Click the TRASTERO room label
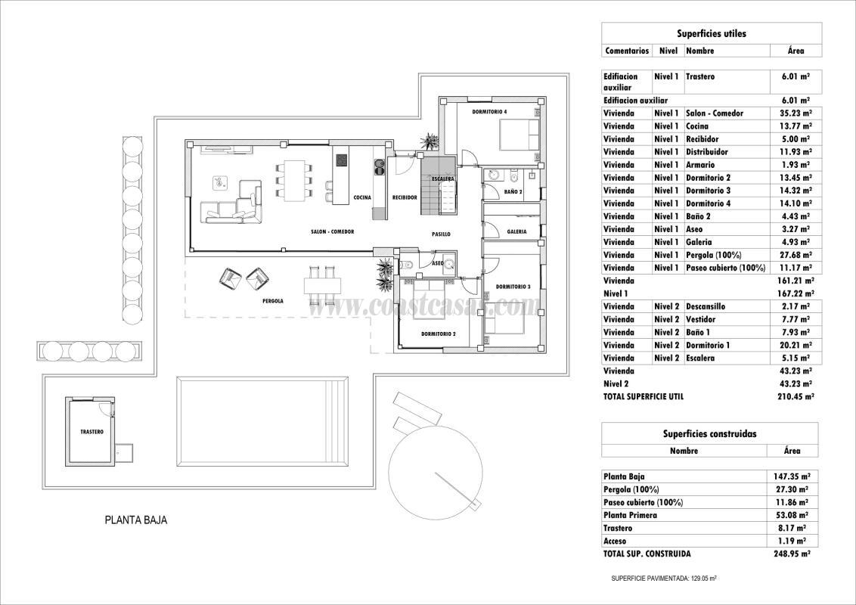[91, 432]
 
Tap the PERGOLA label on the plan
[273, 301]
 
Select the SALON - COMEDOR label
[333, 232]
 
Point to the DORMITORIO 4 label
[489, 112]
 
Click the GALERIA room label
[516, 232]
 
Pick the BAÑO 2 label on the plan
[513, 192]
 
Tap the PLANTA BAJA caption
[136, 520]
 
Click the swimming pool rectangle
[262, 420]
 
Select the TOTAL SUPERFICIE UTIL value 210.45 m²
[796, 397]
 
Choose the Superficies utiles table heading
[712, 34]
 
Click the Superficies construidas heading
[710, 434]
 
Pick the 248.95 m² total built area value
[792, 554]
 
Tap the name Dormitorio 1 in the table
[708, 345]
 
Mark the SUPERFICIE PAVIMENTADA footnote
[664, 579]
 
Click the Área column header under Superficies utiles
[796, 51]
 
